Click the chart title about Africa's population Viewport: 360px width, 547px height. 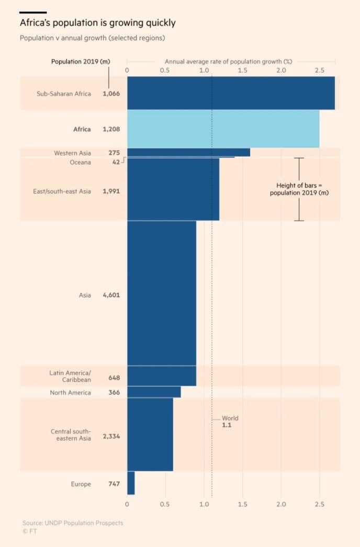(x=97, y=23)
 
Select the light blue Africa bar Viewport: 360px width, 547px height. (x=223, y=129)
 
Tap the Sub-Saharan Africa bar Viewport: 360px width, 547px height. (x=231, y=93)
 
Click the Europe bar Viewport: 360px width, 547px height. (x=131, y=483)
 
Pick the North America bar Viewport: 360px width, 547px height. (x=154, y=392)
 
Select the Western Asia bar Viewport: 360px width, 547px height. (x=188, y=152)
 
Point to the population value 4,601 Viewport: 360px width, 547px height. (x=111, y=295)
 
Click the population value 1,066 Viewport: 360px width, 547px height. (x=111, y=94)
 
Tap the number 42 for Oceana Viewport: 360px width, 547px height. (x=116, y=162)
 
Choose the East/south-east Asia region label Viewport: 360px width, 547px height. (x=62, y=191)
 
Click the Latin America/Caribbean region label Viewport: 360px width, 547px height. (x=70, y=376)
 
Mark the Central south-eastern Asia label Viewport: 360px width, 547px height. (x=71, y=435)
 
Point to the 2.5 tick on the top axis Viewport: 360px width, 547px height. (x=320, y=70)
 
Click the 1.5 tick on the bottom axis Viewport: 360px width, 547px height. (x=243, y=504)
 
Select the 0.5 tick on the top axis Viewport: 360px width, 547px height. (x=165, y=70)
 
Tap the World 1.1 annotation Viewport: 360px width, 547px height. (x=229, y=422)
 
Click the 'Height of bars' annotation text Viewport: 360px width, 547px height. (x=299, y=189)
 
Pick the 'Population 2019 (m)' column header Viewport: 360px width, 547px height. (x=81, y=62)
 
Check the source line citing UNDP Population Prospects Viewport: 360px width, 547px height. (x=73, y=523)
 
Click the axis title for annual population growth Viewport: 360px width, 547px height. (x=228, y=62)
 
